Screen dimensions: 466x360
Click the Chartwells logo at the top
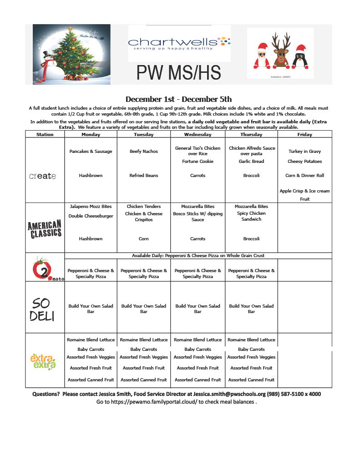[179, 43]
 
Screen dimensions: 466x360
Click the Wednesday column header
[198, 134]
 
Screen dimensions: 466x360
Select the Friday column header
[304, 134]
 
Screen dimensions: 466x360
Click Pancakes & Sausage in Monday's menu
[91, 151]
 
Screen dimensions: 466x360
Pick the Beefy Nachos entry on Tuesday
[144, 151]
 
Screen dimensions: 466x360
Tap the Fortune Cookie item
[198, 161]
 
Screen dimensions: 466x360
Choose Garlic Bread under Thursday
[251, 161]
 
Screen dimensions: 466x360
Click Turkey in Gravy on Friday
[304, 151]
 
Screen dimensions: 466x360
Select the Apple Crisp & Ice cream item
[304, 191]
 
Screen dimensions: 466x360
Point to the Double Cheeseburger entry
[91, 216]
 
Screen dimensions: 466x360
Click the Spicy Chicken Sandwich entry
[251, 216]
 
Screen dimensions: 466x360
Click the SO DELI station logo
[42, 309]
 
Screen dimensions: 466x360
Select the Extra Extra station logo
[43, 362]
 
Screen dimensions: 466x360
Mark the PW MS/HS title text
[179, 73]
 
